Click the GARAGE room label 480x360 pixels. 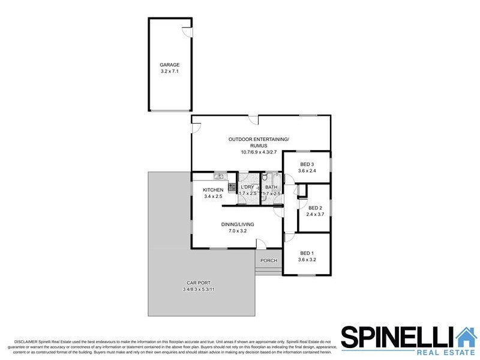pos(169,65)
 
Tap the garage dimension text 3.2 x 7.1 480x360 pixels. pos(169,71)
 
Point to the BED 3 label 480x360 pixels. pos(307,164)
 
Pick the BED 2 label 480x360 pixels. pos(315,208)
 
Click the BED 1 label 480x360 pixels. pos(307,253)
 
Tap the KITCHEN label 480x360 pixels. pos(213,190)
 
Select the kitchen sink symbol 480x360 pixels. pos(218,176)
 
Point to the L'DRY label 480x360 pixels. pos(247,187)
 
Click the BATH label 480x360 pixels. pos(271,187)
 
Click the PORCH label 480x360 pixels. pos(269,260)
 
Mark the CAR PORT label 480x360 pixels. pos(197,283)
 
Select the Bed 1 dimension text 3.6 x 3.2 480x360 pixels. pos(307,260)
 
